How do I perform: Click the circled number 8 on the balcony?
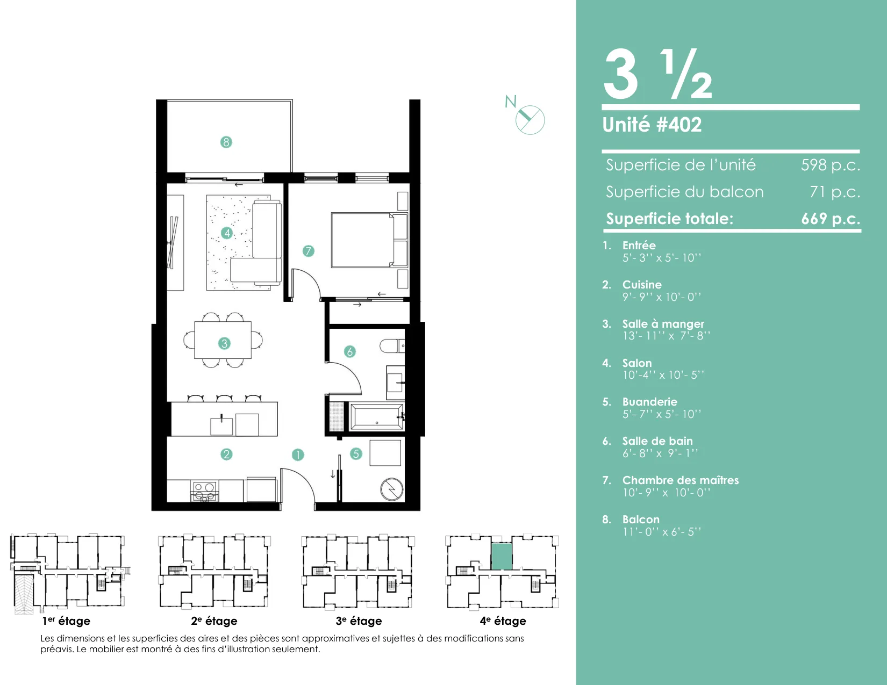tap(226, 142)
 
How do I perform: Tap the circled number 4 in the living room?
tap(227, 233)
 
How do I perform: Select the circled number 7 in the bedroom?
tap(308, 251)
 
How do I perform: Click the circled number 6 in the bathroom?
tap(350, 351)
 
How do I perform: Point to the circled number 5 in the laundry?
tap(356, 453)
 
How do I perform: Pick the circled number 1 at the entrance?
tap(298, 455)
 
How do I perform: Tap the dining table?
tap(223, 340)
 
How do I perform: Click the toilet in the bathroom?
tap(392, 346)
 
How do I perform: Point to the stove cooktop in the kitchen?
tap(204, 491)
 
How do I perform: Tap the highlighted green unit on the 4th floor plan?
tap(502, 557)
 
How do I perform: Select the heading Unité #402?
tap(652, 125)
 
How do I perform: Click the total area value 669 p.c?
tap(831, 219)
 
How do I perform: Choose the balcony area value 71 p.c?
tap(835, 192)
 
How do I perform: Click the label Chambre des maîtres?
tap(681, 480)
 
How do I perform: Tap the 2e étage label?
tap(214, 621)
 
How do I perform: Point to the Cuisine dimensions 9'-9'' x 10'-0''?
tap(662, 297)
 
